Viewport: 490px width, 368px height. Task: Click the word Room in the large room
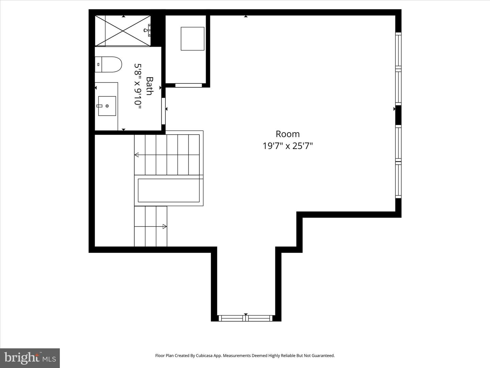coord(288,134)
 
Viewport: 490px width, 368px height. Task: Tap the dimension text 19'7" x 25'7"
coord(288,146)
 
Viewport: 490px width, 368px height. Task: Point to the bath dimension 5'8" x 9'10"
coord(138,86)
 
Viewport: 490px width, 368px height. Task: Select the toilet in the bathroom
coord(108,64)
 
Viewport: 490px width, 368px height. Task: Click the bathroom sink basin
coord(107,106)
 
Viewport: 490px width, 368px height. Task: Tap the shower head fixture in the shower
coord(147,30)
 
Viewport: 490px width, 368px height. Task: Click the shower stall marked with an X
coord(123,31)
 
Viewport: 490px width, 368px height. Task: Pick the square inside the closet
coord(192,39)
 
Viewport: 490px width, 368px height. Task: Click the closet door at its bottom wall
coord(188,85)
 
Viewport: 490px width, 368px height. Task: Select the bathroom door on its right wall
coord(163,111)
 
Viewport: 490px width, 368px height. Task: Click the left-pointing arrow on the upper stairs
coord(137,155)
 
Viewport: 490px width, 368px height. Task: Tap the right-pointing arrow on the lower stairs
coord(165,226)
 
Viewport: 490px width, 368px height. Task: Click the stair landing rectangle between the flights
coord(169,190)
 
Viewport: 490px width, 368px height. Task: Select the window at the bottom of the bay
coord(246,318)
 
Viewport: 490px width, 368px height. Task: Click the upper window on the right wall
coord(398,68)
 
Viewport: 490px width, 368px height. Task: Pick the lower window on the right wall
coord(398,162)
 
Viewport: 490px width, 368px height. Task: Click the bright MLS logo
coord(30,358)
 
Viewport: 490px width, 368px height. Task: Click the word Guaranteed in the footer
coord(324,355)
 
